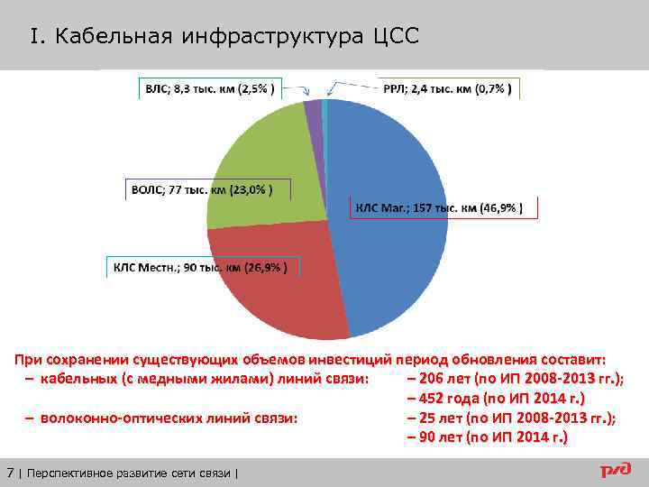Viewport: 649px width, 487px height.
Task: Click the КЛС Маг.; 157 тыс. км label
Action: tap(445, 208)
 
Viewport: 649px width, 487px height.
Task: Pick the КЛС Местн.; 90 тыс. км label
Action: tap(202, 268)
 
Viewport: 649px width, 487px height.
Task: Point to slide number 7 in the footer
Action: tap(10, 472)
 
